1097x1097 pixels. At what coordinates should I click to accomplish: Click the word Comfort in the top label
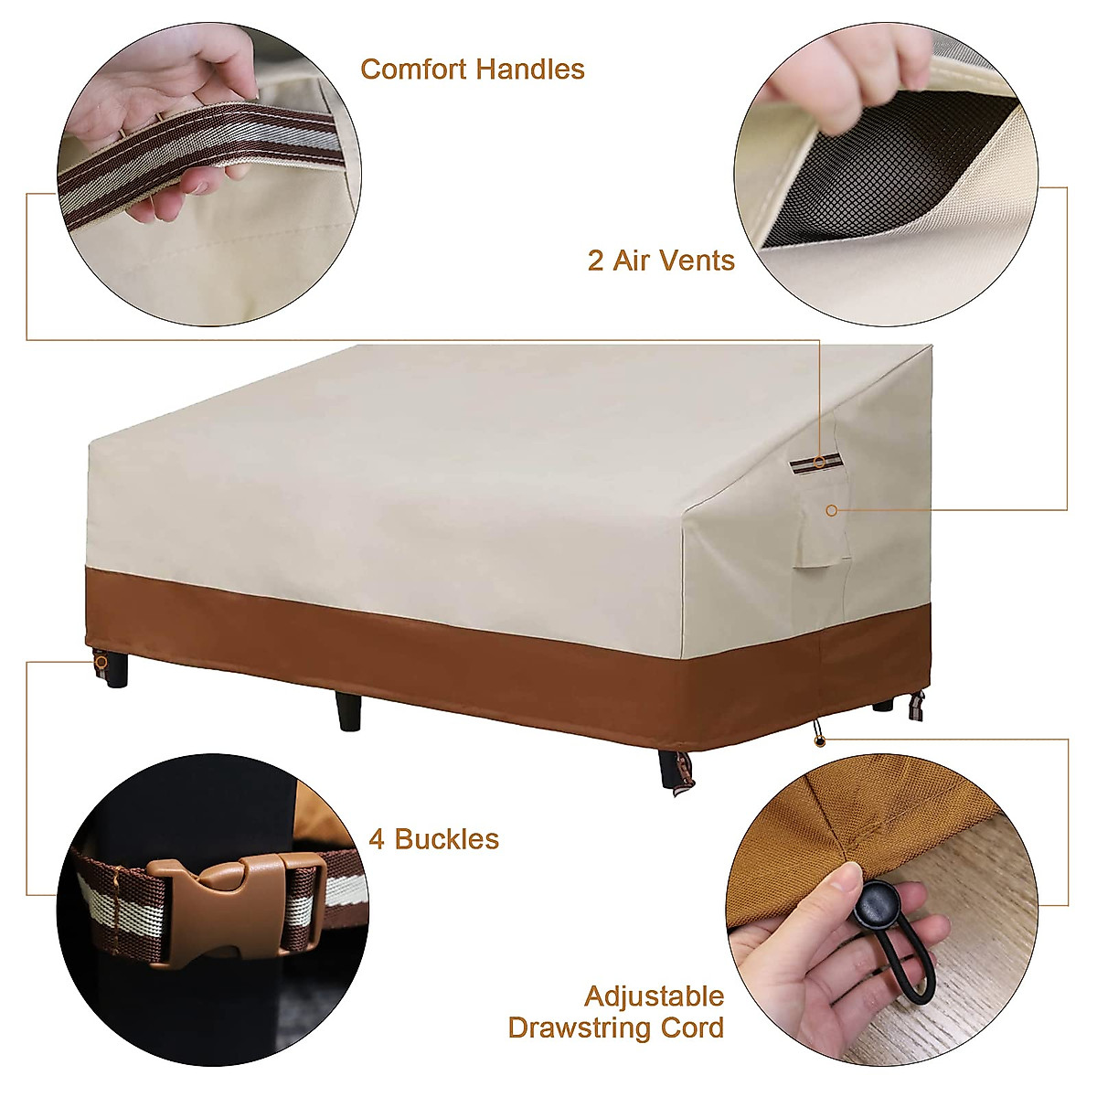click(410, 69)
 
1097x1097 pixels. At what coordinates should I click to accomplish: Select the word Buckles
click(446, 839)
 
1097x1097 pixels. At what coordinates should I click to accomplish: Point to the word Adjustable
click(654, 996)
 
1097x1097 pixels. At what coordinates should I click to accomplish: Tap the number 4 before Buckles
click(377, 839)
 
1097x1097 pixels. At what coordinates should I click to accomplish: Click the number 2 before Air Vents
click(595, 261)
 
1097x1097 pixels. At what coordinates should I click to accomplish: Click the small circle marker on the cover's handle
click(821, 463)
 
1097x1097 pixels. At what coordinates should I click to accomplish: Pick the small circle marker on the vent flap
click(831, 510)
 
